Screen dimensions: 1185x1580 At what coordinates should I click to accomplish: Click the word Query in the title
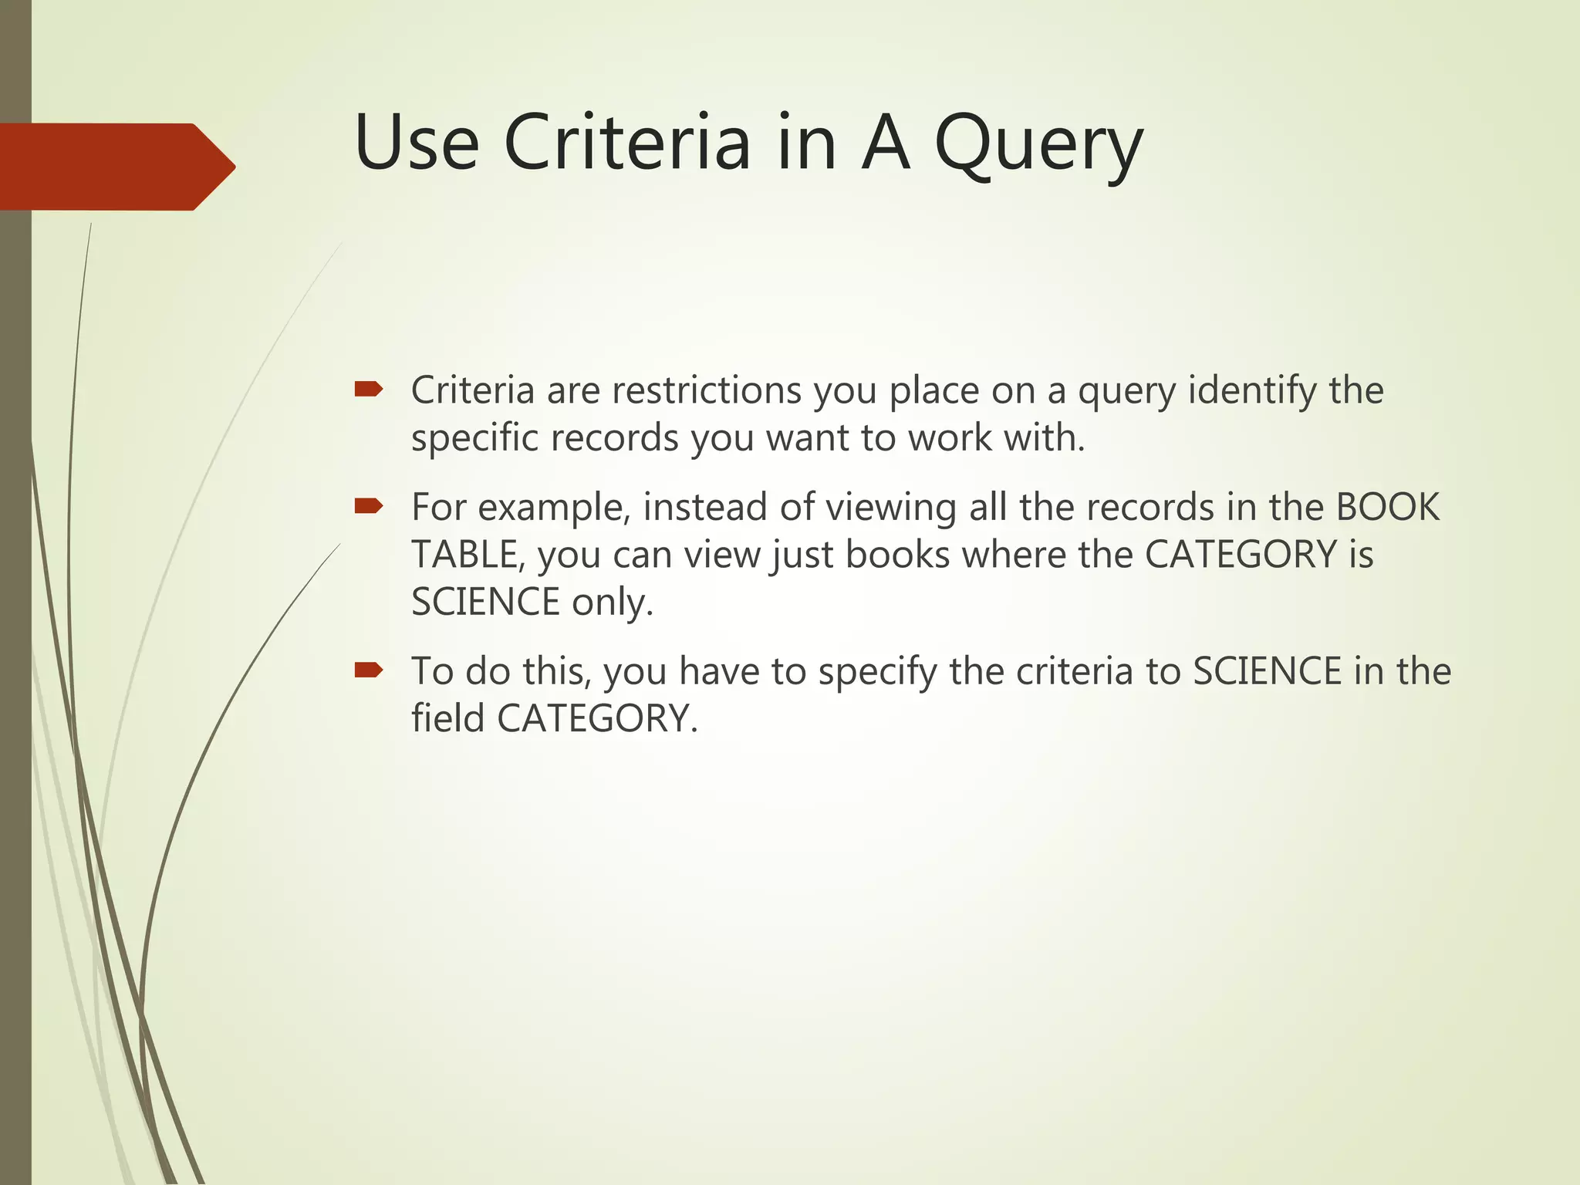pos(1038,145)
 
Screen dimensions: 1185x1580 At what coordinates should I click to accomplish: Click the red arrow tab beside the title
pos(116,167)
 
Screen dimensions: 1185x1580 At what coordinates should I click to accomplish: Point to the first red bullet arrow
pos(369,389)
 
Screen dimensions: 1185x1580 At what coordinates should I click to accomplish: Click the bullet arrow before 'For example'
pos(369,506)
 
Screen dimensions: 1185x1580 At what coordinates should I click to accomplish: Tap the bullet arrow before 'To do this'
pos(369,670)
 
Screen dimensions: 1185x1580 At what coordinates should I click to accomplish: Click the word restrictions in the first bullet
pos(707,390)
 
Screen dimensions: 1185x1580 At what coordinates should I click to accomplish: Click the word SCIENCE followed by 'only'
pos(485,603)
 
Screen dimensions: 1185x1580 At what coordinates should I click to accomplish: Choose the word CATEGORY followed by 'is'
pos(1241,555)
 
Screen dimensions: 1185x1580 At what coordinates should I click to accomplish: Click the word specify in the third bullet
pos(877,672)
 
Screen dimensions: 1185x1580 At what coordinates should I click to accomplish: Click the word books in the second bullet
pos(897,555)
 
